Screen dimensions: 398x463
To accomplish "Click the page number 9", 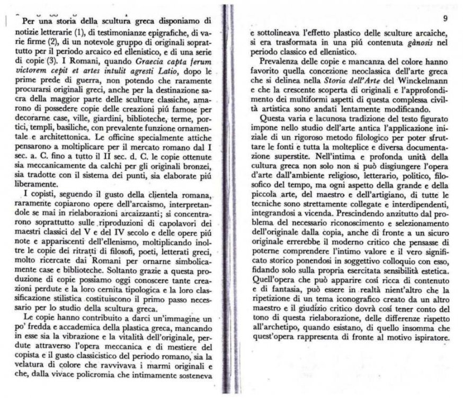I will (x=444, y=19).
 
